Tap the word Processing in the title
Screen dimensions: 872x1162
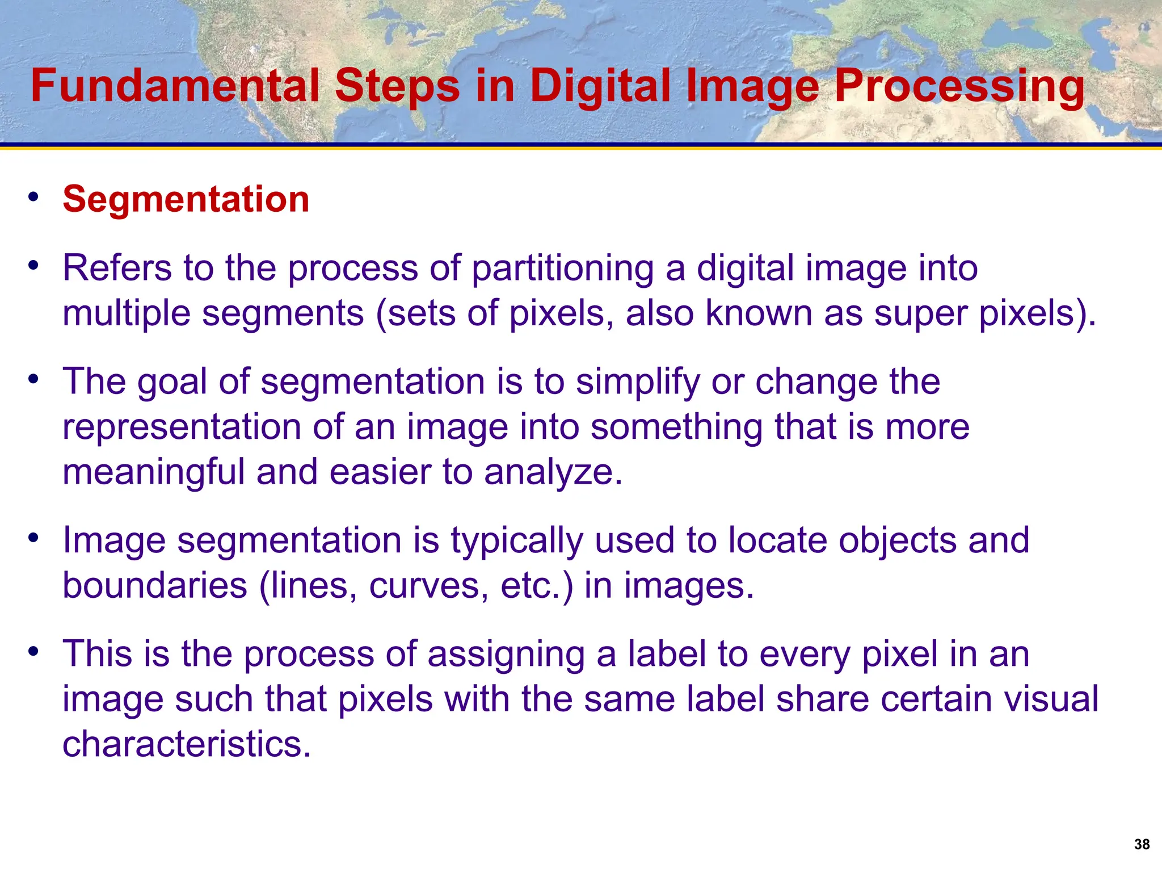[959, 86]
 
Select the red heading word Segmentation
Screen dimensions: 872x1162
[186, 199]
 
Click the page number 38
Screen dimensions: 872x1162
[1142, 844]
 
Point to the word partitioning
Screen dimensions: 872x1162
[562, 268]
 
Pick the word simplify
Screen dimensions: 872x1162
[638, 382]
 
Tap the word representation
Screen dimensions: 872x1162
[182, 427]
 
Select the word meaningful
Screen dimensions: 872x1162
[153, 473]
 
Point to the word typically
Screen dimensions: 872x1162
[516, 541]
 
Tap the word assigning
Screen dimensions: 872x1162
[506, 655]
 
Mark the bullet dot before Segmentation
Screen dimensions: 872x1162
[33, 197]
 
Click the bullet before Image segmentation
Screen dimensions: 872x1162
[33, 538]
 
